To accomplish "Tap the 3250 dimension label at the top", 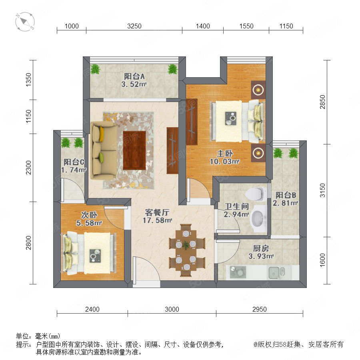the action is [134, 26].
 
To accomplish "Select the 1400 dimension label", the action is [203, 26].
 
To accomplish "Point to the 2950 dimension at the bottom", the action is [260, 309].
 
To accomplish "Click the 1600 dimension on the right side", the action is [322, 260].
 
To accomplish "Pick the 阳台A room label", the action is [134, 76].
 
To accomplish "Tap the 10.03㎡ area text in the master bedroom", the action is [224, 162].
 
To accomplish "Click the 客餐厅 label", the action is [157, 212].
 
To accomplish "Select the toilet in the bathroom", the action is [256, 194].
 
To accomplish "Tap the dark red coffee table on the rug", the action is [134, 150].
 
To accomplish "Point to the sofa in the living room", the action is [103, 150].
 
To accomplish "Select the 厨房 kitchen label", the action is [261, 248].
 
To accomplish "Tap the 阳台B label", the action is [286, 195].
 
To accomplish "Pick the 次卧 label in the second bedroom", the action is [89, 215].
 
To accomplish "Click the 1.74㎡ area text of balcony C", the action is [74, 170].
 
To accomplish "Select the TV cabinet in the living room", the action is [172, 151].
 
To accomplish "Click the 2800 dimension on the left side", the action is [28, 242].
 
